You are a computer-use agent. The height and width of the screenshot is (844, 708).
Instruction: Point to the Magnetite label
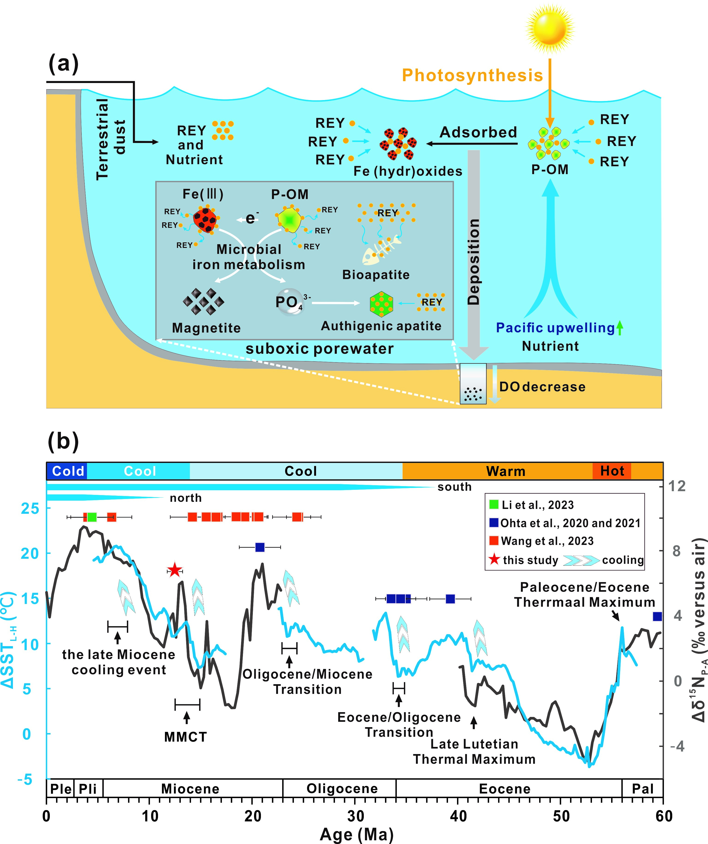206,328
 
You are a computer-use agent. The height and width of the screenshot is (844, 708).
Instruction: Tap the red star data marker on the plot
174,570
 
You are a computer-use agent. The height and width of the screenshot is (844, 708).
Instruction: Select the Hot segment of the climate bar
612,471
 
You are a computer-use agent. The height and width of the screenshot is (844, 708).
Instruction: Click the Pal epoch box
642,788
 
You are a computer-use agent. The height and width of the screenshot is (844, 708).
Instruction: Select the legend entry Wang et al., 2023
547,541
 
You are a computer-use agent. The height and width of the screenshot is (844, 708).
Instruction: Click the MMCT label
185,737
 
